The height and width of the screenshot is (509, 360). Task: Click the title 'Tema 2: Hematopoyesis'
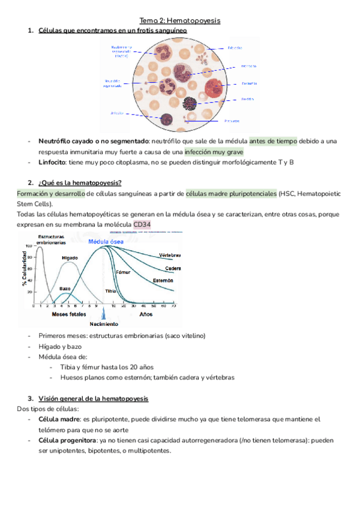[180, 20]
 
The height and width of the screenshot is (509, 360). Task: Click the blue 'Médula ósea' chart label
[106, 241]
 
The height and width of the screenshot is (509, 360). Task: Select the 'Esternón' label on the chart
[163, 280]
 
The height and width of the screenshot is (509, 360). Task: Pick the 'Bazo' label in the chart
[65, 288]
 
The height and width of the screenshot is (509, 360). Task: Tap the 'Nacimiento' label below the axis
[104, 325]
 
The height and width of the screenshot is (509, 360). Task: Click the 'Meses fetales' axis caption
[69, 314]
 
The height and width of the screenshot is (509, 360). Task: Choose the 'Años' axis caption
[146, 314]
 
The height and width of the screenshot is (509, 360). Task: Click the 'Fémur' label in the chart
[123, 272]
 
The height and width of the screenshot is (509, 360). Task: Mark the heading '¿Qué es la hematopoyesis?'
[80, 182]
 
